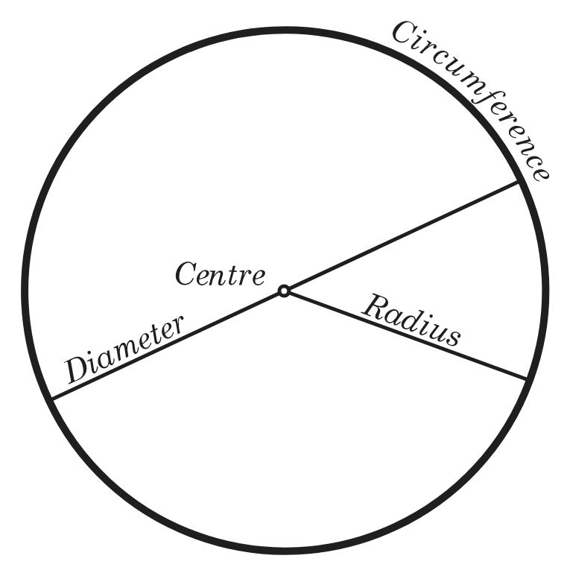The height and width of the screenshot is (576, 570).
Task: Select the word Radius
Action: (x=411, y=320)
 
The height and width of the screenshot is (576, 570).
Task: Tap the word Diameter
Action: (x=124, y=349)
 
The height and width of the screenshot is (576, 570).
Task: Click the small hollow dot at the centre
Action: (x=284, y=291)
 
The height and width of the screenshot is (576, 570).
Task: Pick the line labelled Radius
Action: (x=405, y=335)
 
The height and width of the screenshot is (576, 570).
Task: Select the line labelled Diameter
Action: (x=285, y=290)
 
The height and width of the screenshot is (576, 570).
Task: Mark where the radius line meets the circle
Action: (x=527, y=379)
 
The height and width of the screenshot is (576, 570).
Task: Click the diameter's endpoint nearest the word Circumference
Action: (x=519, y=182)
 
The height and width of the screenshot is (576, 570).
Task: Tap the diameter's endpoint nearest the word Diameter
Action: (x=52, y=399)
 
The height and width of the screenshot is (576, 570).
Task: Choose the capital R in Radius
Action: (x=376, y=307)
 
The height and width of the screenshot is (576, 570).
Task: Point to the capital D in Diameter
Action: (x=78, y=369)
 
